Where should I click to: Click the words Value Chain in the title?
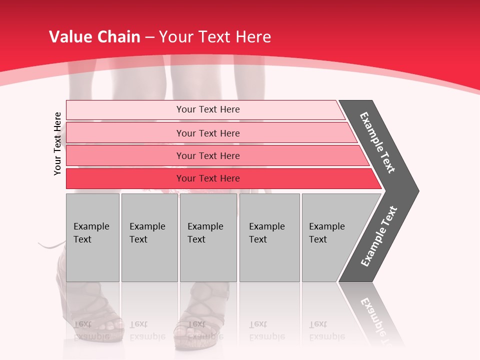(94, 37)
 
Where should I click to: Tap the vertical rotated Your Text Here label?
(57, 143)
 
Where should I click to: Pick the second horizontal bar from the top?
(207, 133)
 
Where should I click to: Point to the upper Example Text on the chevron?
(377, 142)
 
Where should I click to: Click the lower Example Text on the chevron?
(379, 236)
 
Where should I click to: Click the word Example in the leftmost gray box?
(91, 226)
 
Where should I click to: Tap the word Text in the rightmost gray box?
(317, 239)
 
